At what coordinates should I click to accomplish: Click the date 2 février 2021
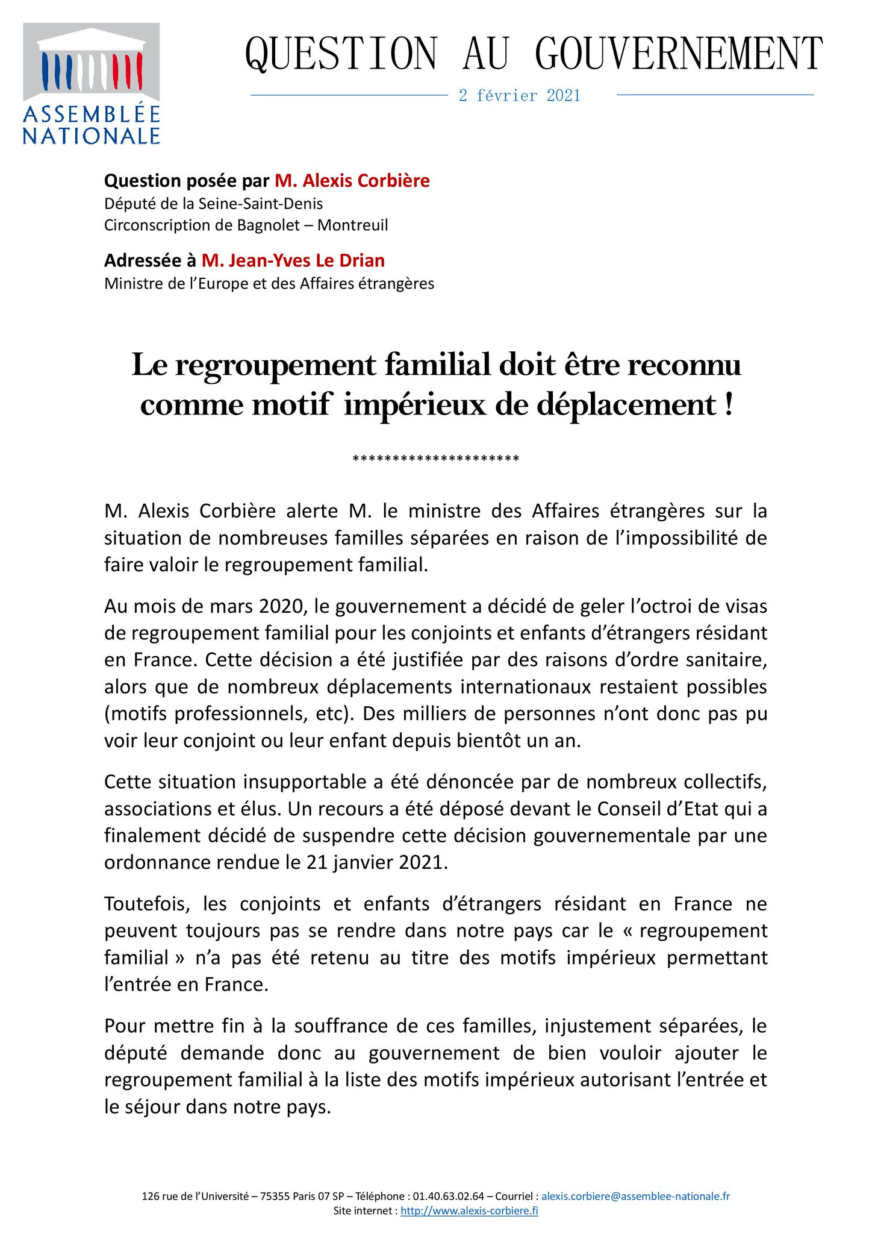(x=519, y=96)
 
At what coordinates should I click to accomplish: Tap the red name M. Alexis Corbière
(x=352, y=181)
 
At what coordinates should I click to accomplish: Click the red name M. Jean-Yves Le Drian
(x=293, y=260)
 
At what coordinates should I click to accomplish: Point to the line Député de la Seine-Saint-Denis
(x=213, y=204)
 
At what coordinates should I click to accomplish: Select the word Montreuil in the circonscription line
(x=353, y=225)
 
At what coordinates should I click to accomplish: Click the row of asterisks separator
(x=435, y=460)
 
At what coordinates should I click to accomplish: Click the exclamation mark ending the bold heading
(x=729, y=404)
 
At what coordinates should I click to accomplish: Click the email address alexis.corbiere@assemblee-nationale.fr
(x=635, y=1196)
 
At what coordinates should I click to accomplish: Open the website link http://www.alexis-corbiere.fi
(x=469, y=1211)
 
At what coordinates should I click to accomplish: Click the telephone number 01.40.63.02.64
(x=446, y=1196)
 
